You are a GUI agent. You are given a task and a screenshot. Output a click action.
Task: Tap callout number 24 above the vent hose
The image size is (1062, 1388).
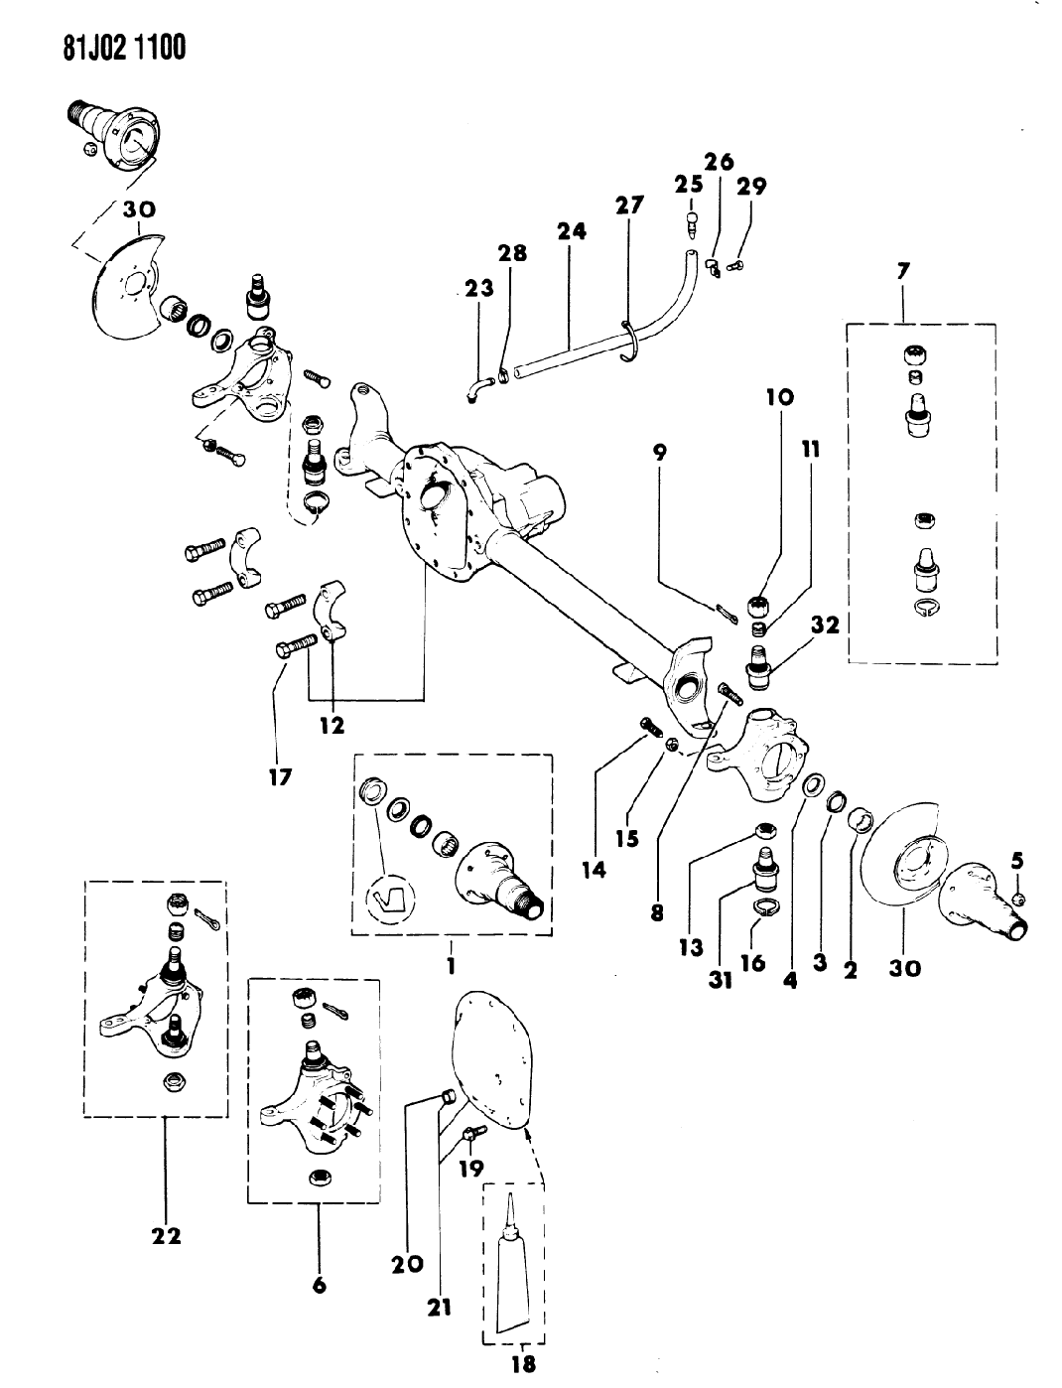[x=572, y=231]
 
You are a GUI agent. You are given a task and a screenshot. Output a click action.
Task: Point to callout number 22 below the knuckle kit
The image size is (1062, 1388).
[x=166, y=1236]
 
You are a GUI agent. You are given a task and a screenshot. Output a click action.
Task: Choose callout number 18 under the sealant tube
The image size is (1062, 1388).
[x=522, y=1363]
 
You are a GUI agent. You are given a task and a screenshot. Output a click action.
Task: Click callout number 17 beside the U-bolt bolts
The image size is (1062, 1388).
[x=281, y=776]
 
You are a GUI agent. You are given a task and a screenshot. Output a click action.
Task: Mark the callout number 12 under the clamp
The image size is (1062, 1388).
[x=332, y=726]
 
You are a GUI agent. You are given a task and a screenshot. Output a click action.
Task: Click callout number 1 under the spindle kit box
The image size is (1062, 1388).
[x=450, y=963]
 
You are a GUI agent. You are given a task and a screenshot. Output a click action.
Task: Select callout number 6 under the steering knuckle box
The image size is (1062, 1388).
[x=320, y=1285]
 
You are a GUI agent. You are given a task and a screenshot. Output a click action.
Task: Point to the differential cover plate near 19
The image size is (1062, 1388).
[x=493, y=1057]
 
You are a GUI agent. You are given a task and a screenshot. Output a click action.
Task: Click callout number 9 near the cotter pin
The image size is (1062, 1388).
[x=659, y=453]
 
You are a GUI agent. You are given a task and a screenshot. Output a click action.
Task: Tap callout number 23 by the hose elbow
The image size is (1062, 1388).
[x=479, y=290]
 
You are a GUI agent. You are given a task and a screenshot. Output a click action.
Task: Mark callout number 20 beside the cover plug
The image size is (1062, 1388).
[x=407, y=1264]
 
